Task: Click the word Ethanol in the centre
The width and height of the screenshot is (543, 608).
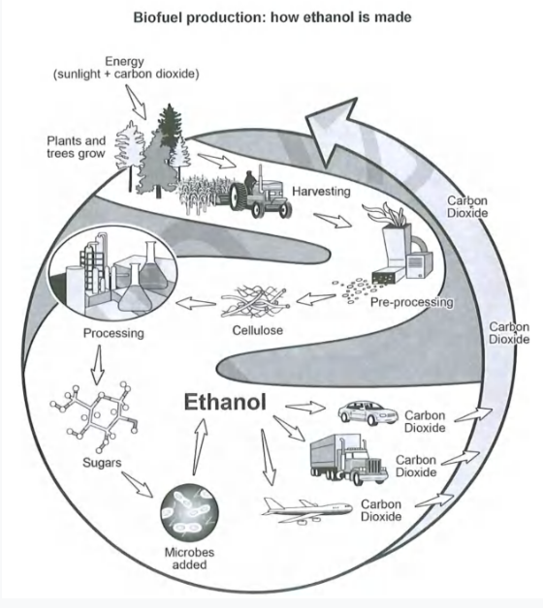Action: point(225,402)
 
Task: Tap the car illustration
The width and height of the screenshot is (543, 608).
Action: point(367,413)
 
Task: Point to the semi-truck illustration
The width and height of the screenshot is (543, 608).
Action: point(349,459)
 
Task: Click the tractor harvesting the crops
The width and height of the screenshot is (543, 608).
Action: point(260,194)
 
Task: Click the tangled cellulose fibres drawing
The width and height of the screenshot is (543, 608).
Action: point(255,301)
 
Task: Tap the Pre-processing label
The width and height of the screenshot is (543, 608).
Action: point(412,302)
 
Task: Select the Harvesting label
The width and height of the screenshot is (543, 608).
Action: point(321,191)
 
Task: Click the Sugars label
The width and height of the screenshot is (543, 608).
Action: point(102,462)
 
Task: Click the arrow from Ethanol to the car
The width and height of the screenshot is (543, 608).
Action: point(305,408)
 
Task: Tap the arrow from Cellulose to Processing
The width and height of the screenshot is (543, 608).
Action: point(196,303)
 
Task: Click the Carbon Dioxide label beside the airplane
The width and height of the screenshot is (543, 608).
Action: point(381,510)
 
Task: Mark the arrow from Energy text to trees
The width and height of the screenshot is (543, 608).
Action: point(136,102)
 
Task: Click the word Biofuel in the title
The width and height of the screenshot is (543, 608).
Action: point(157,17)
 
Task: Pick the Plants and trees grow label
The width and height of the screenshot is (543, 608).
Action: point(77,147)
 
